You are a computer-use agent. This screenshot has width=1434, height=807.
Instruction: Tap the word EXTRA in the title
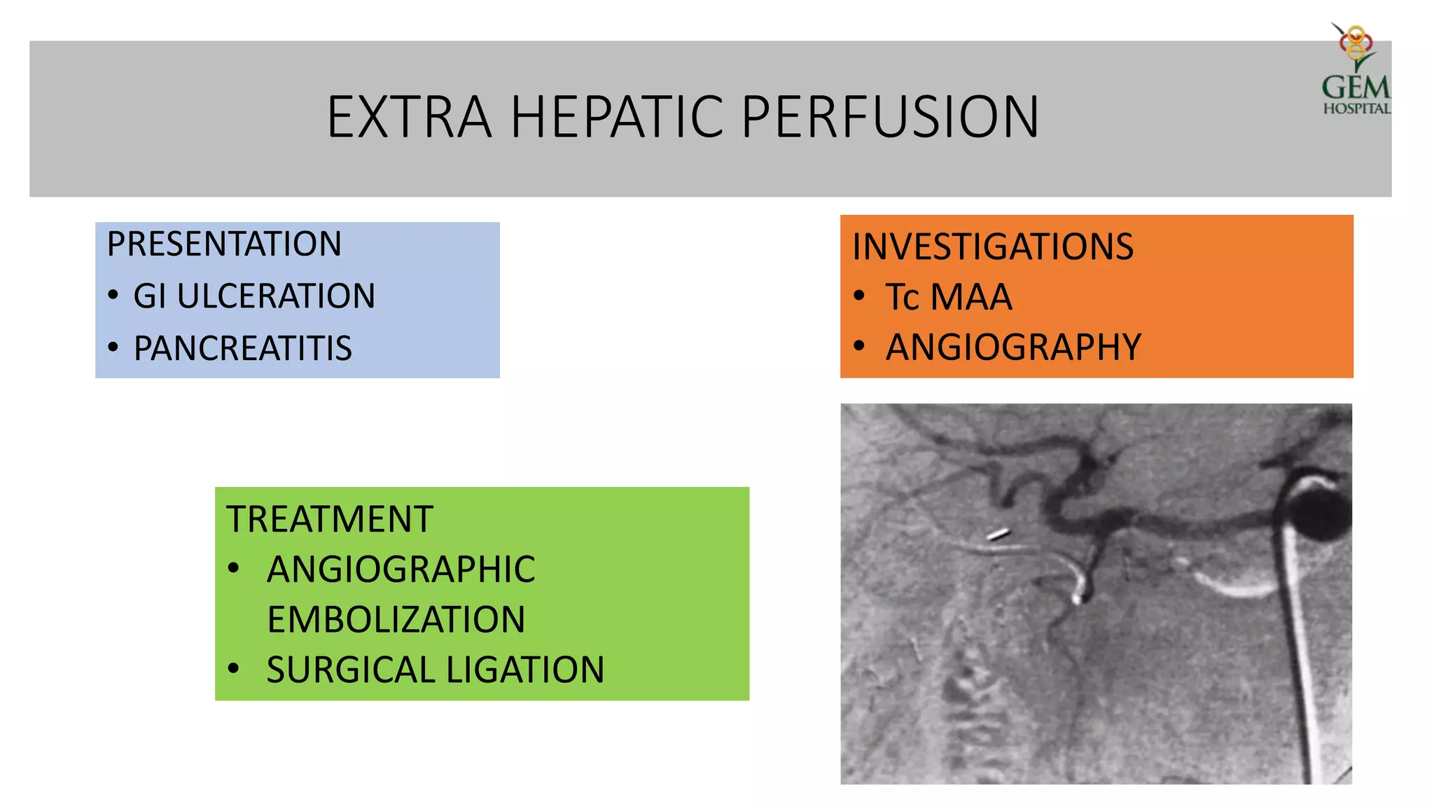point(409,117)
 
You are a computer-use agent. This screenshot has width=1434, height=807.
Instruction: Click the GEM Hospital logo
point(1356,70)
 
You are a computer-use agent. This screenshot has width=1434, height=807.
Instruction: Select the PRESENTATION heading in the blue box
point(224,244)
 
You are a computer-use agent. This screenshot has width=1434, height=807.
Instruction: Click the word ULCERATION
point(276,296)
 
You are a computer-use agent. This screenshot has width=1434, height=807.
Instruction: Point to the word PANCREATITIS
point(242,348)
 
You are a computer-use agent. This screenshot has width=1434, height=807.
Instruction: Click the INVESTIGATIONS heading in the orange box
point(992,247)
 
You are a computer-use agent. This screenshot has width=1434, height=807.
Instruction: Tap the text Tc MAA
point(949,297)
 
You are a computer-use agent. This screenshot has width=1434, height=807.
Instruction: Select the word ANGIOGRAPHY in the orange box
point(1013,347)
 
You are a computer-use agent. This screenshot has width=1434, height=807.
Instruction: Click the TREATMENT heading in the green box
point(329,519)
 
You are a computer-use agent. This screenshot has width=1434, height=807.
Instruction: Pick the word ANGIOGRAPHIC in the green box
point(401,569)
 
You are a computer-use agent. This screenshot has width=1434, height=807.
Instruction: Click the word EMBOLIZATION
point(396,619)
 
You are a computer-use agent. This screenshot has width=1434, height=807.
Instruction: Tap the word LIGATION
point(524,670)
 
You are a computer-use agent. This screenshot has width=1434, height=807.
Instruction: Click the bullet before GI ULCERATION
point(113,295)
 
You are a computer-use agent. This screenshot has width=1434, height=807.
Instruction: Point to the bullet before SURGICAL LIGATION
point(234,669)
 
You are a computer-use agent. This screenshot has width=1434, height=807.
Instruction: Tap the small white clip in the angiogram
point(998,535)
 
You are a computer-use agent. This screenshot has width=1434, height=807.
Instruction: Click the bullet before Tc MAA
point(859,296)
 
